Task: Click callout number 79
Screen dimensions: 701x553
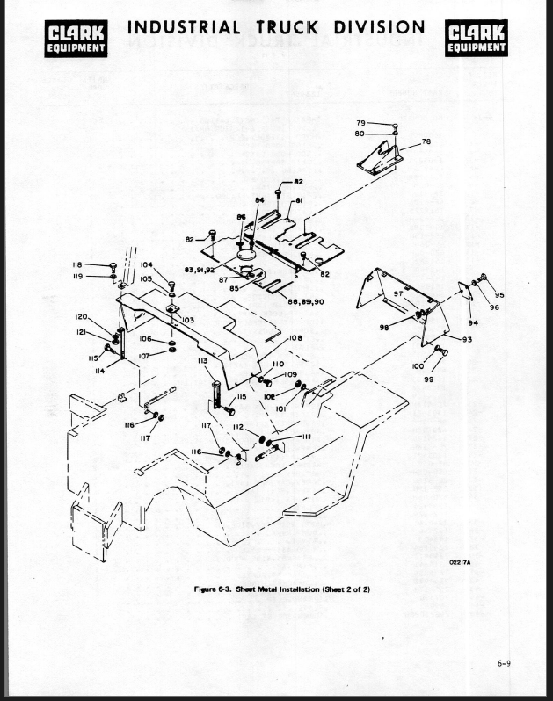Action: pos(360,123)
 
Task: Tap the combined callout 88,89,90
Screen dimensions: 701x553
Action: pos(306,301)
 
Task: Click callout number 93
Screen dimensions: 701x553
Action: pos(466,339)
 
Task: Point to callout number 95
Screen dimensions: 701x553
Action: pos(499,295)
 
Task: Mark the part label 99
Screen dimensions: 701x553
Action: pos(429,379)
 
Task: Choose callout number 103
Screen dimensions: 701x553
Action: pos(188,320)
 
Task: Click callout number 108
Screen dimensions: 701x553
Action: pos(295,338)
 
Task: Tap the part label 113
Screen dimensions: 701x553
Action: pos(202,360)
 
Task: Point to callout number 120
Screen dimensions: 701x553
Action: pos(81,316)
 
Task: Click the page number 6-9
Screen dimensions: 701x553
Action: pos(503,664)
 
